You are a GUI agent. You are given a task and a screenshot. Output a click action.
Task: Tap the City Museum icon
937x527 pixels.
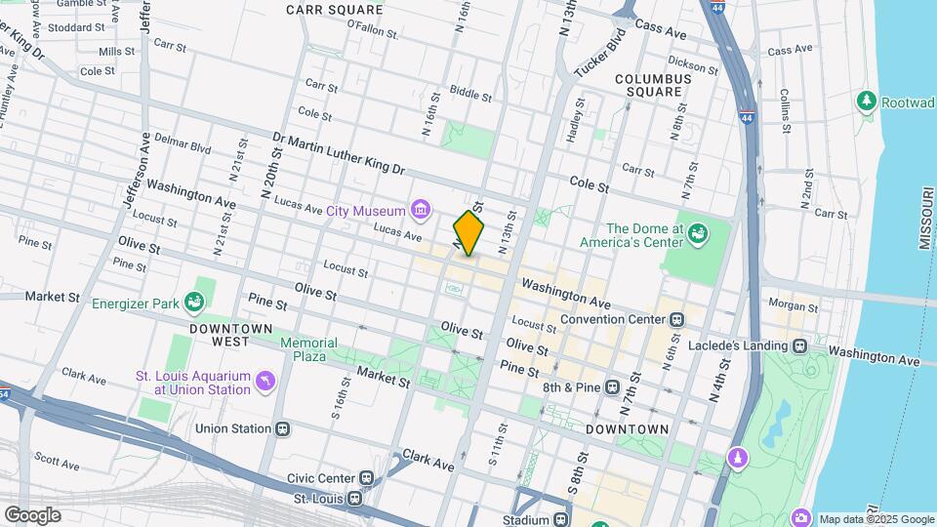(421, 210)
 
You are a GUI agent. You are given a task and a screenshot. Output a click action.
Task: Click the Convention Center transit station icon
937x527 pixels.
(674, 319)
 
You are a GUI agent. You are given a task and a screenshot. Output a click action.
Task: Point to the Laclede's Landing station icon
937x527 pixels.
(800, 345)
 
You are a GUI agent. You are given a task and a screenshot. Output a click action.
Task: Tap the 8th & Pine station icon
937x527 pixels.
(612, 387)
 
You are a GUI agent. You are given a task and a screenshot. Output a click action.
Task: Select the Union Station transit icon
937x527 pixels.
(283, 427)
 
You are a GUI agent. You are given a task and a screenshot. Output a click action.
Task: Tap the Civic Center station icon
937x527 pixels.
(366, 478)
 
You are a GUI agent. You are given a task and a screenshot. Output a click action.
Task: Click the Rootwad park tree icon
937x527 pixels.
(866, 101)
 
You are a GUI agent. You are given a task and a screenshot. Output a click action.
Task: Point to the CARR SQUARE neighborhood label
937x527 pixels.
(327, 10)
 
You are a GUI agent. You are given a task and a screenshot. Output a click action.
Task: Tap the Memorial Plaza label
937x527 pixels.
(308, 349)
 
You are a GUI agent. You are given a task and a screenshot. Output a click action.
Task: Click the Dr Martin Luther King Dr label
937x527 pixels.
(338, 154)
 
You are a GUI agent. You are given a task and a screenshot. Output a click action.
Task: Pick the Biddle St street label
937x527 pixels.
(471, 95)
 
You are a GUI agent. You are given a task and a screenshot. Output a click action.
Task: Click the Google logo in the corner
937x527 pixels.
(32, 515)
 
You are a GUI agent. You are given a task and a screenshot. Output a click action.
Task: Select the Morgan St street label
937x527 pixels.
(793, 304)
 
